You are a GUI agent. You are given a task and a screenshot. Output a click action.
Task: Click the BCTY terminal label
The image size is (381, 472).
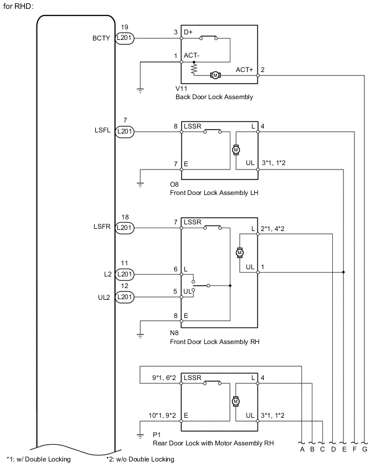103,38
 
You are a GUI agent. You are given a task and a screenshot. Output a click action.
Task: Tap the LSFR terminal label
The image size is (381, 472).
103,227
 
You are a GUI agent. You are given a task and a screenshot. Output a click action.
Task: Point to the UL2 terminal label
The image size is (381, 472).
105,297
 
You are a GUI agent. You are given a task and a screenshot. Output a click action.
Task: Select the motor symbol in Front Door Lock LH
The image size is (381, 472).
235,150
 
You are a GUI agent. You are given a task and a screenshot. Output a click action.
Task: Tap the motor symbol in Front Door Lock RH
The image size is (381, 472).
240,252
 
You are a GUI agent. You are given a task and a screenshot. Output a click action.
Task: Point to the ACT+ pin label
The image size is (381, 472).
244,69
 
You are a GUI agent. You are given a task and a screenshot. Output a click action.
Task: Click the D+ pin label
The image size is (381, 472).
188,32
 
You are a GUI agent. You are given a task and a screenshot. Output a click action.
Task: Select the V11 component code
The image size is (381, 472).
181,89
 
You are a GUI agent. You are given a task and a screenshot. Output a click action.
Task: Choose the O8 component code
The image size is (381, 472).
175,184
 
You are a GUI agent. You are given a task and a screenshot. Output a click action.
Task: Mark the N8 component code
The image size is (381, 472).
175,334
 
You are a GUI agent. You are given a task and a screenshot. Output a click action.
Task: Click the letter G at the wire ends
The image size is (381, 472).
365,449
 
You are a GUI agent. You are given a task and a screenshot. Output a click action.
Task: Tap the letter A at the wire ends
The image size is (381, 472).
302,449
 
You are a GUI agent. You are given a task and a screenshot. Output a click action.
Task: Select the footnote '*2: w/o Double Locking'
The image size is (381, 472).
140,459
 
